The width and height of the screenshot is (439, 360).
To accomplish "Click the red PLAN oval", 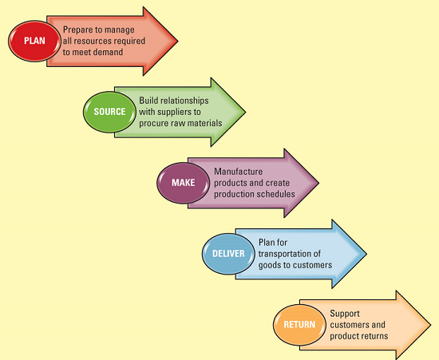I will pos(34,39).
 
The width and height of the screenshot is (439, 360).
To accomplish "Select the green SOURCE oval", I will pos(109,111).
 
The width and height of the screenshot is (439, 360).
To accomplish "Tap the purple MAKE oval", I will pos(184,183).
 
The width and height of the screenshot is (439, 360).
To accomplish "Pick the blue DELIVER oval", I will pos(229,254).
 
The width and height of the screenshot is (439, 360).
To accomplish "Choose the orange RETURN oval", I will pos(299,325).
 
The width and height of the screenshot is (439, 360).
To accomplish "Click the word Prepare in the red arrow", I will pos(81,29).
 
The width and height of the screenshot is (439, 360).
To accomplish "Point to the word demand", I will pos(107,52).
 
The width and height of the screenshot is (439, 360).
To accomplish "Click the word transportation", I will pos(289,253).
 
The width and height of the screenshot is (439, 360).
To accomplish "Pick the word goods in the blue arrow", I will pos(269,265).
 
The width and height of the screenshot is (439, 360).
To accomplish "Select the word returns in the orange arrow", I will pos(372,336).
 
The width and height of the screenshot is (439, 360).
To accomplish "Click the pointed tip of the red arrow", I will pos(177,38).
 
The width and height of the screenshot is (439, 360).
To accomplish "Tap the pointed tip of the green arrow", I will pos(246,112).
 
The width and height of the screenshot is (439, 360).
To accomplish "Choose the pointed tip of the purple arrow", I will pos(318,183).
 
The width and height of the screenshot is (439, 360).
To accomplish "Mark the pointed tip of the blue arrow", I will pos(366,254).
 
